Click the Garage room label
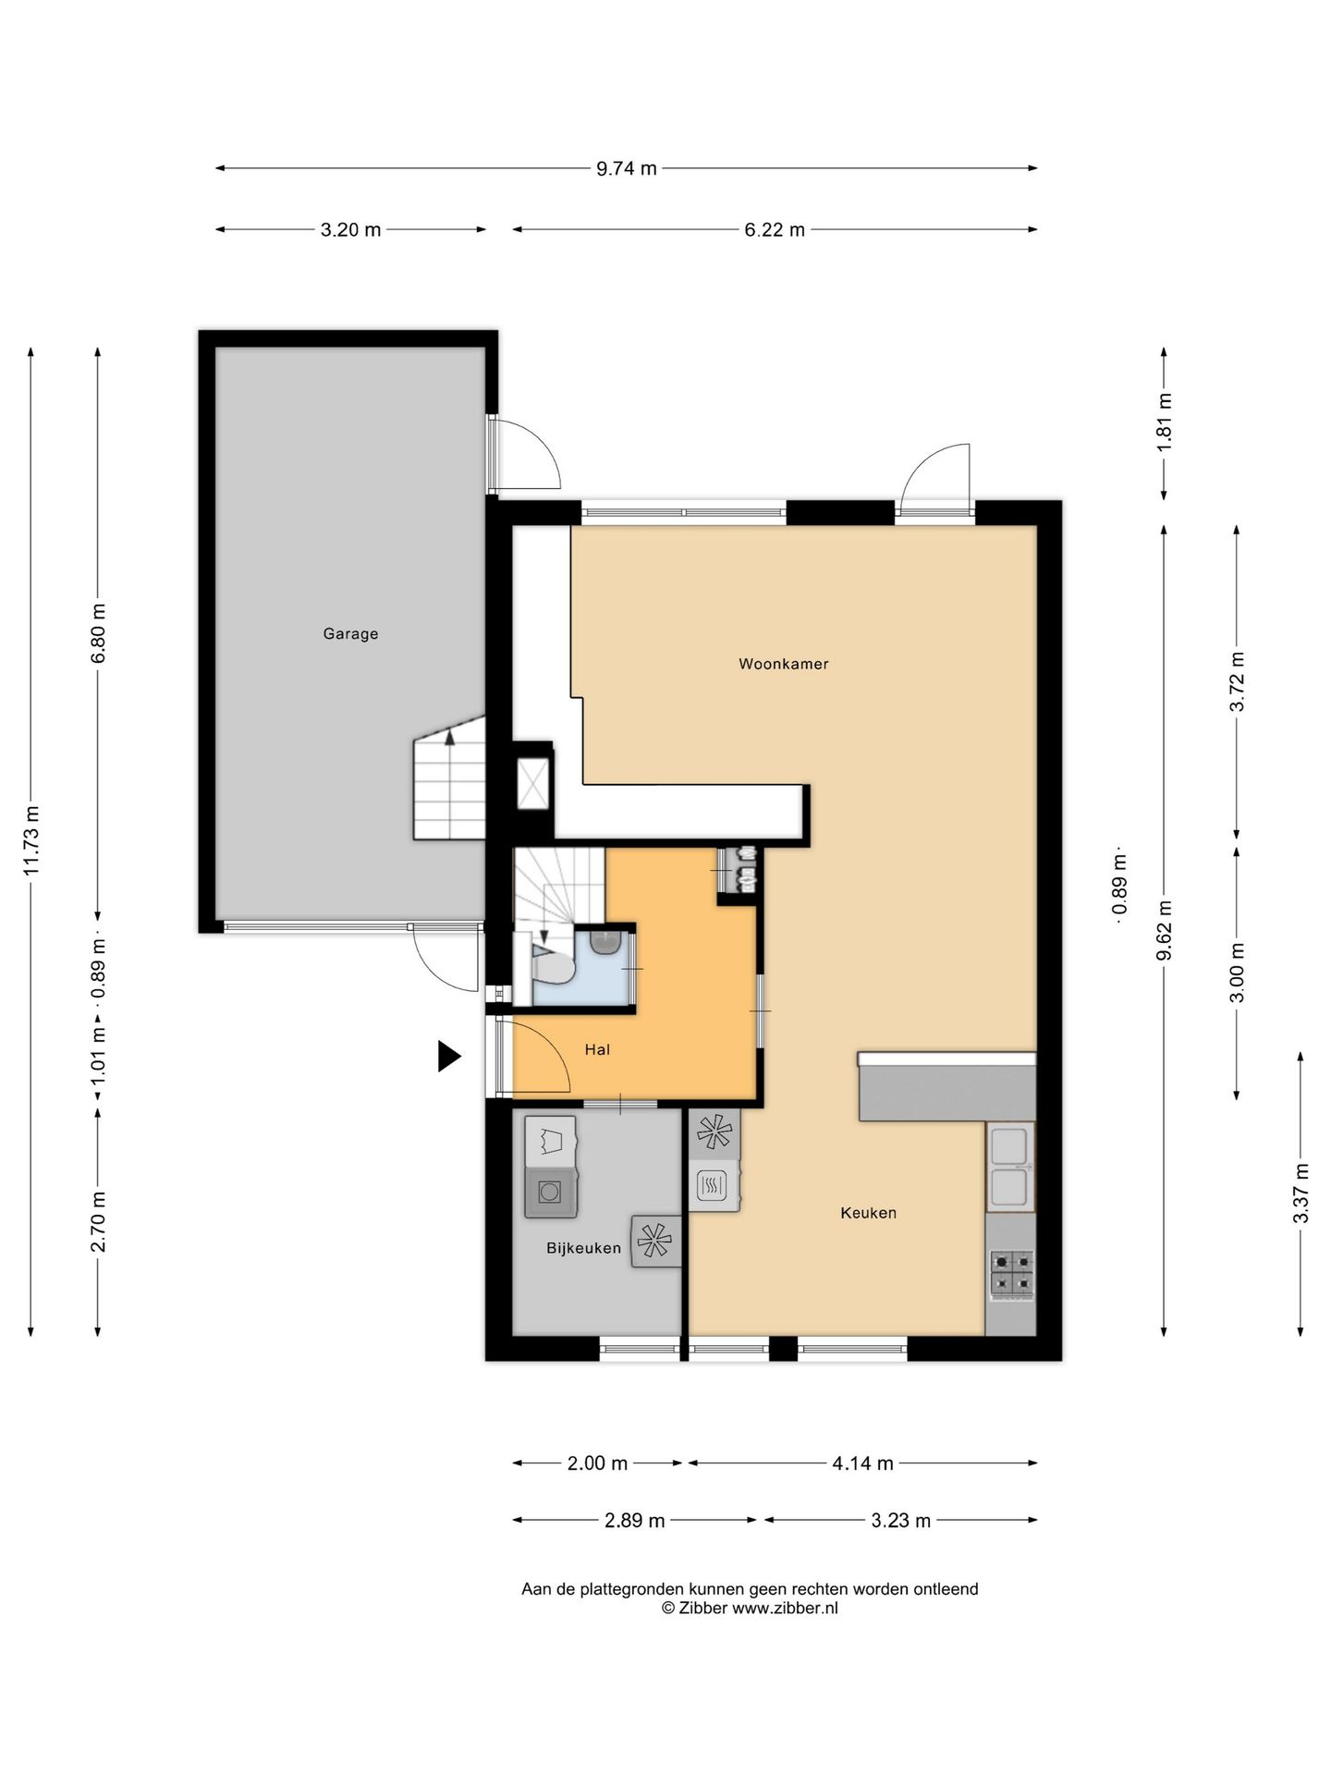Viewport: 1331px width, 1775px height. tap(350, 634)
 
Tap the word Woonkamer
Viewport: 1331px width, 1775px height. tap(784, 664)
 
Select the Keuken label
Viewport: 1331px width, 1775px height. tap(868, 1213)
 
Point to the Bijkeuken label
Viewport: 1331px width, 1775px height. tap(583, 1248)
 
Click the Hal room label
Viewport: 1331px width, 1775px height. tap(597, 1049)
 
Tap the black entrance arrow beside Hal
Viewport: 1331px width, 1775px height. tap(449, 1056)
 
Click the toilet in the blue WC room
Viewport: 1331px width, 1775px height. tap(553, 965)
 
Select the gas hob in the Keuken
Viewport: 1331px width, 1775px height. tap(1012, 1273)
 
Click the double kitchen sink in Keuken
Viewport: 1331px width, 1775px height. tap(1009, 1167)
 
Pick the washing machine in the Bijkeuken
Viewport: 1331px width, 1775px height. tap(551, 1192)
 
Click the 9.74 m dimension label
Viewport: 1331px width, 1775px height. tap(627, 168)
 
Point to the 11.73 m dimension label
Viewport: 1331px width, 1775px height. tap(31, 840)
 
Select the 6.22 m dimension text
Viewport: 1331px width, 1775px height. tap(775, 229)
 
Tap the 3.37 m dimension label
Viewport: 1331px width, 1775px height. tap(1300, 1194)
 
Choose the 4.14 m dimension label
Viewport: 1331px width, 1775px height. tap(862, 1463)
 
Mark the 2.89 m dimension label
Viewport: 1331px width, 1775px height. tap(634, 1520)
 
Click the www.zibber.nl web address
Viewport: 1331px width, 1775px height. tap(786, 1608)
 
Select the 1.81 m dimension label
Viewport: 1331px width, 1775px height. tap(1165, 422)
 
